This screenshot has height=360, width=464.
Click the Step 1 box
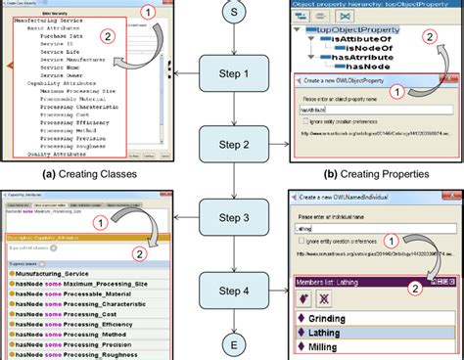tap(232, 75)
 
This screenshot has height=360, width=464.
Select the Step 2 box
tap(232, 146)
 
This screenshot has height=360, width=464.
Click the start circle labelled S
tap(232, 12)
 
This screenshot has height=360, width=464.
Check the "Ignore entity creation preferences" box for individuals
tap(302, 240)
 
